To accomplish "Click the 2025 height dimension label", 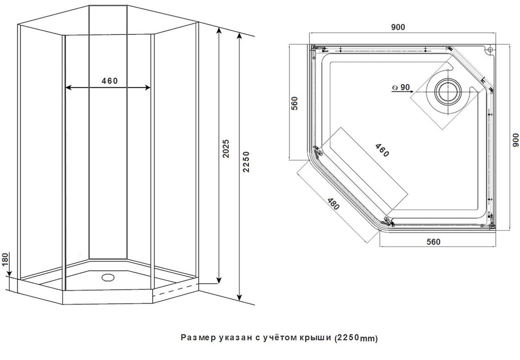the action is [x=226, y=148].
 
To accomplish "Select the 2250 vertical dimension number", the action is [x=246, y=162].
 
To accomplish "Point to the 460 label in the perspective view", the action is [x=109, y=81].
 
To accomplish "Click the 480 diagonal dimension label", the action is [x=334, y=204].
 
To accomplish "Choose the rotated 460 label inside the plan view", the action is [x=382, y=150].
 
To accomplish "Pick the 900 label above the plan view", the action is [x=398, y=27].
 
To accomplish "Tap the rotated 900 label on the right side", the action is [x=515, y=140].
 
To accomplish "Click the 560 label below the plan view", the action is [x=433, y=242].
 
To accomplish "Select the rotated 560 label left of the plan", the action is [x=294, y=103].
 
